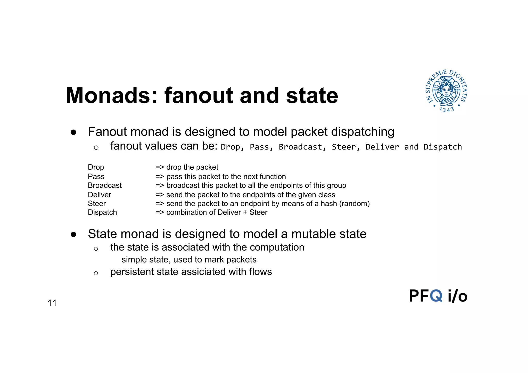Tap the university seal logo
pyautogui.click(x=447, y=91)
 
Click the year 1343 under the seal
pyautogui.click(x=447, y=110)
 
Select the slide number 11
pyautogui.click(x=52, y=303)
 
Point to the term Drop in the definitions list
pyautogui.click(x=96, y=167)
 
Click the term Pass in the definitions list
pyautogui.click(x=96, y=177)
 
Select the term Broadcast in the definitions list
pyautogui.click(x=105, y=185)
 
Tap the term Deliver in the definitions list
pyautogui.click(x=100, y=195)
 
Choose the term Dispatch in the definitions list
pyautogui.click(x=102, y=212)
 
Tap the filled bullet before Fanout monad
pyautogui.click(x=73, y=132)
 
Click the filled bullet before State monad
pyautogui.click(x=73, y=235)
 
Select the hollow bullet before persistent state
pyautogui.click(x=96, y=273)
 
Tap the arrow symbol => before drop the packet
pyautogui.click(x=160, y=167)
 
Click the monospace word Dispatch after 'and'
pyautogui.click(x=442, y=147)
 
